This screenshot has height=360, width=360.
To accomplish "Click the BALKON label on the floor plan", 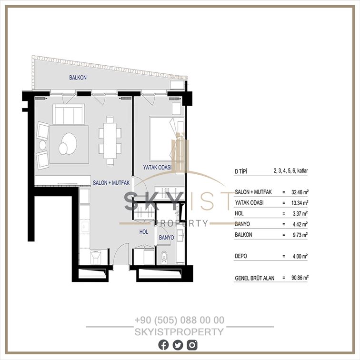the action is (78, 78).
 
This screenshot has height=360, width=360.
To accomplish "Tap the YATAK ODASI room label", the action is (157, 167).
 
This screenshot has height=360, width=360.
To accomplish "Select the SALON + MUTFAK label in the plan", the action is (111, 183).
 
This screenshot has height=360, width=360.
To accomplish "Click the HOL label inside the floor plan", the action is (144, 232).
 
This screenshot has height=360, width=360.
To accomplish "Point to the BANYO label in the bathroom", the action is (167, 238).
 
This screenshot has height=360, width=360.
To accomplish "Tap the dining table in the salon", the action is (110, 141).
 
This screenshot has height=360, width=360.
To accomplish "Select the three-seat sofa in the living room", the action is (69, 114).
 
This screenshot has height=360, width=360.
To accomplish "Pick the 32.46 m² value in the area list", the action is (300, 192).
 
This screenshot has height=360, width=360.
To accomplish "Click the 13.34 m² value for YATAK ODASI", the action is (300, 203).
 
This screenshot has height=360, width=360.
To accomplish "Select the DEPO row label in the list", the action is (241, 256).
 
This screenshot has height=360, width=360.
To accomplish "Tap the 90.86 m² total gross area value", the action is (300, 278).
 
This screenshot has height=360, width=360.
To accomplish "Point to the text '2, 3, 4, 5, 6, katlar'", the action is (290, 171).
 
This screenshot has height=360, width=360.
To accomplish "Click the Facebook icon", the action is (163, 345).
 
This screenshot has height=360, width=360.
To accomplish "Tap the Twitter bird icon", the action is (178, 345).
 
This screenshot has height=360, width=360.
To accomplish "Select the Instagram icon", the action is (192, 345).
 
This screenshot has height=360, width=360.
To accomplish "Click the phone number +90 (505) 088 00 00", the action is (180, 320).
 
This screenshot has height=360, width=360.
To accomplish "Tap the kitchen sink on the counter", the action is (85, 226).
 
